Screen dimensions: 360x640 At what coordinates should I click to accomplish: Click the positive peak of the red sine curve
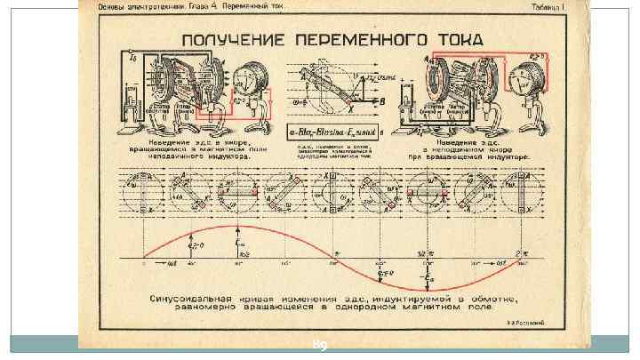pos(239,227)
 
